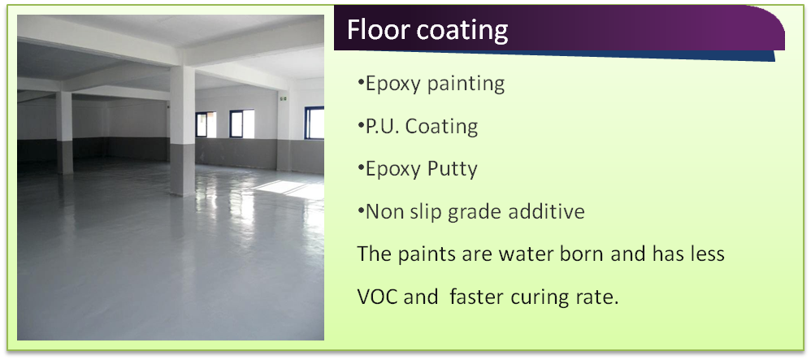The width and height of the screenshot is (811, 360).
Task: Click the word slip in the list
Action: click(428, 212)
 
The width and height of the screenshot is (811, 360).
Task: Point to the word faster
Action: click(477, 297)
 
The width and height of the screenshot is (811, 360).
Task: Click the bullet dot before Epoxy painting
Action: click(361, 83)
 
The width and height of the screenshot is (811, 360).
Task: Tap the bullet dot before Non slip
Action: click(361, 210)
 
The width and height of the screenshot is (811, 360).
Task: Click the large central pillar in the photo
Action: click(182, 129)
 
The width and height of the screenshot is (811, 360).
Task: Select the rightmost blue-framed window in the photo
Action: click(314, 123)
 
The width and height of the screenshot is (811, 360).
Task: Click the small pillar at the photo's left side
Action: click(65, 132)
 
